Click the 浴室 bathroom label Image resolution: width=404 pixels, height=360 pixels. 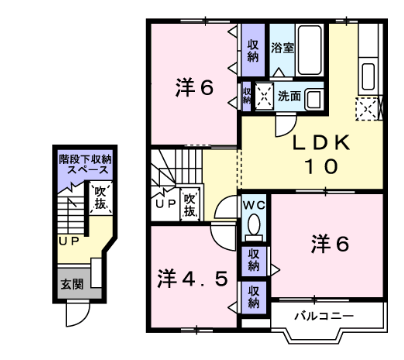(x=281, y=47)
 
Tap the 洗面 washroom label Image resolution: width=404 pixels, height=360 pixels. (x=290, y=96)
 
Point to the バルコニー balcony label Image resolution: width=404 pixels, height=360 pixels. (x=322, y=317)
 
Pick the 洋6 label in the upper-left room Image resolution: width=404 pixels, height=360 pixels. (x=196, y=87)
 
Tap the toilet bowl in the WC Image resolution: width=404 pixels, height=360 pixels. (x=254, y=223)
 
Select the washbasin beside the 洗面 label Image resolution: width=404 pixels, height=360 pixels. (x=315, y=97)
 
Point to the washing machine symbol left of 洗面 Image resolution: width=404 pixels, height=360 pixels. (x=264, y=97)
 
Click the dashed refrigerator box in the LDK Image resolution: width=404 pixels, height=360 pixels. (x=369, y=109)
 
